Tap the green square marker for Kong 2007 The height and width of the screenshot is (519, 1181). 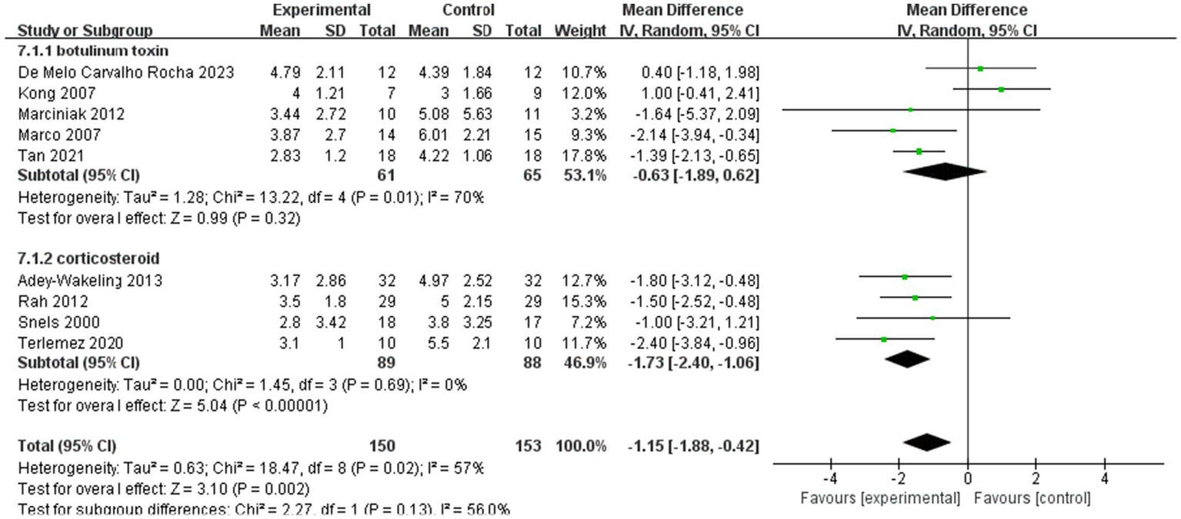pos(1001,90)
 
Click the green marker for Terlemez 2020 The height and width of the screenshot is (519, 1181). pos(884,339)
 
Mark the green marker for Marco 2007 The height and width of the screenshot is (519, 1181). pos(893,131)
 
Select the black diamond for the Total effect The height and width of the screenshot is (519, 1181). pos(927,442)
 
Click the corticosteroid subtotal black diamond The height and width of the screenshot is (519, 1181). pos(908,359)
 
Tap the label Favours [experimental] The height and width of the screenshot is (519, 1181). pos(880,498)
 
